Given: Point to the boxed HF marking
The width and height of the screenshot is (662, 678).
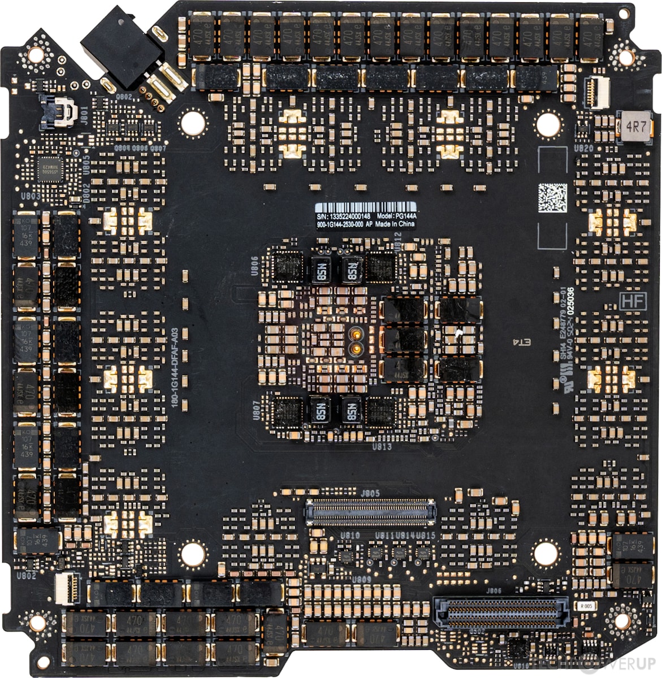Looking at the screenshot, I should tap(633, 301).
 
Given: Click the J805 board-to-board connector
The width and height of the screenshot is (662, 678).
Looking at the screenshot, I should tap(370, 511).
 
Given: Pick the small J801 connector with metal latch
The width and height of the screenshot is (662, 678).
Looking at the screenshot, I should tap(59, 111).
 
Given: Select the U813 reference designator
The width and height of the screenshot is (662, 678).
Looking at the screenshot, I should tap(382, 446).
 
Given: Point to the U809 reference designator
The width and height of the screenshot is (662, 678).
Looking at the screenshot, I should tap(361, 580).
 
